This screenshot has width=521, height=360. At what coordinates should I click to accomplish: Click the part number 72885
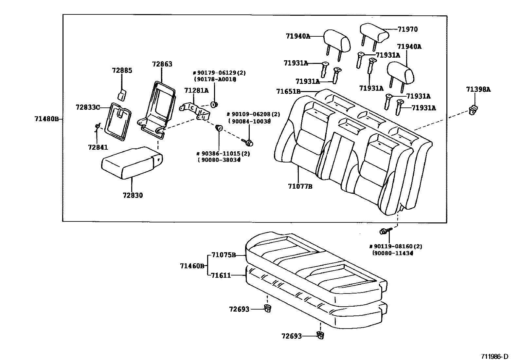point(122,70)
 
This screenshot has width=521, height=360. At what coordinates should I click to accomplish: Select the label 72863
point(162,64)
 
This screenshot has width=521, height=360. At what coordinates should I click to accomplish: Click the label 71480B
point(46,119)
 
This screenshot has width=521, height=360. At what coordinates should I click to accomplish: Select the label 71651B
point(288,91)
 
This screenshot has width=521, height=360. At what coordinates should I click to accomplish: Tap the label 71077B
point(300,186)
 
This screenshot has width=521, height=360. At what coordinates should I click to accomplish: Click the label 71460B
point(192,266)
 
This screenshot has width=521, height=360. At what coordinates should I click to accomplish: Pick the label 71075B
point(224,255)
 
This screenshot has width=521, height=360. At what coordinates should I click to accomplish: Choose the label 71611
point(221,275)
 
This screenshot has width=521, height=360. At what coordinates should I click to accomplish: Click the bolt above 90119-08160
point(385,232)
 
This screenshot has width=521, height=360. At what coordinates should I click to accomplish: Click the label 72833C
point(87,107)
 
